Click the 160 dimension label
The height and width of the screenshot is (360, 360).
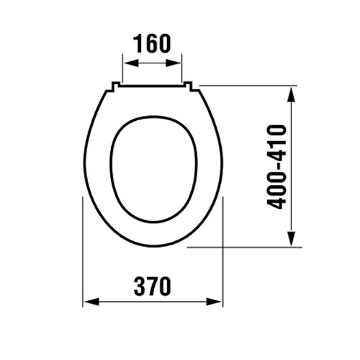tap(152, 43)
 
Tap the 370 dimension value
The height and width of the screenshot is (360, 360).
tap(153, 286)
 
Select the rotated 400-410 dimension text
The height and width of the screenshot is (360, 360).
tap(276, 167)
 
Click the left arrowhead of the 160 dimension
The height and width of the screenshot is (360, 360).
tap(132, 63)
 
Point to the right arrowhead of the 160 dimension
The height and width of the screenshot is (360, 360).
tap(174, 63)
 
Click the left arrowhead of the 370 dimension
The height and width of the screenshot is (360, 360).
tap(91, 302)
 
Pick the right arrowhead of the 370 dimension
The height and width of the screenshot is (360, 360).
tap(214, 302)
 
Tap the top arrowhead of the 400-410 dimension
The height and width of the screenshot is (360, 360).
tap(291, 94)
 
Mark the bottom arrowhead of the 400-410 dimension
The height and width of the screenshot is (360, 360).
tap(291, 238)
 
